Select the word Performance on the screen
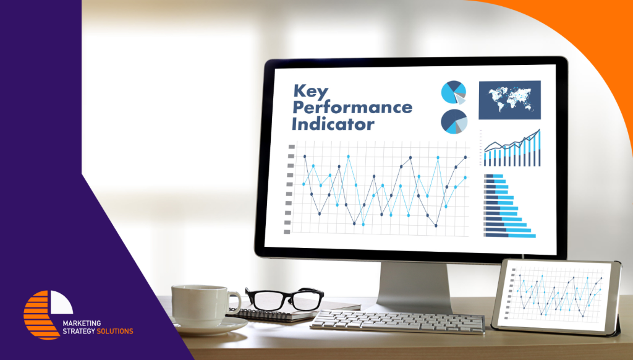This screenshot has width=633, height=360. pyautogui.click(x=352, y=108)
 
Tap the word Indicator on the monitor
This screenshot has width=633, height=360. pyautogui.click(x=333, y=124)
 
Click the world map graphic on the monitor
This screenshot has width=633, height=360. pyautogui.click(x=509, y=100)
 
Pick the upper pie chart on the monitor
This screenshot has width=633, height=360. pyautogui.click(x=453, y=93)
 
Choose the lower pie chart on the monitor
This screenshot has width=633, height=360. pyautogui.click(x=454, y=121)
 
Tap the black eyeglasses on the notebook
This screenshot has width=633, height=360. pyautogui.click(x=284, y=299)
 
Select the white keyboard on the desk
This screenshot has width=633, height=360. pyautogui.click(x=398, y=322)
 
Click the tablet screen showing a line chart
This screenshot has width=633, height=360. pyautogui.click(x=555, y=296)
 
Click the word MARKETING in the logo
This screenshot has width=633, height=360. pyautogui.click(x=82, y=324)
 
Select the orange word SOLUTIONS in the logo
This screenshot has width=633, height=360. pyautogui.click(x=114, y=332)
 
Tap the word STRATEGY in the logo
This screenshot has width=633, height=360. pyautogui.click(x=79, y=332)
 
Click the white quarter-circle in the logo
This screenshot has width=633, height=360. pyautogui.click(x=61, y=302)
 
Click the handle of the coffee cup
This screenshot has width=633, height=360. pyautogui.click(x=234, y=303)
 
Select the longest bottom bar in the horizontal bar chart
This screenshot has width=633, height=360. pyautogui.click(x=510, y=235)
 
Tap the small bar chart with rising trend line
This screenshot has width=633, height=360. pyautogui.click(x=511, y=148)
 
